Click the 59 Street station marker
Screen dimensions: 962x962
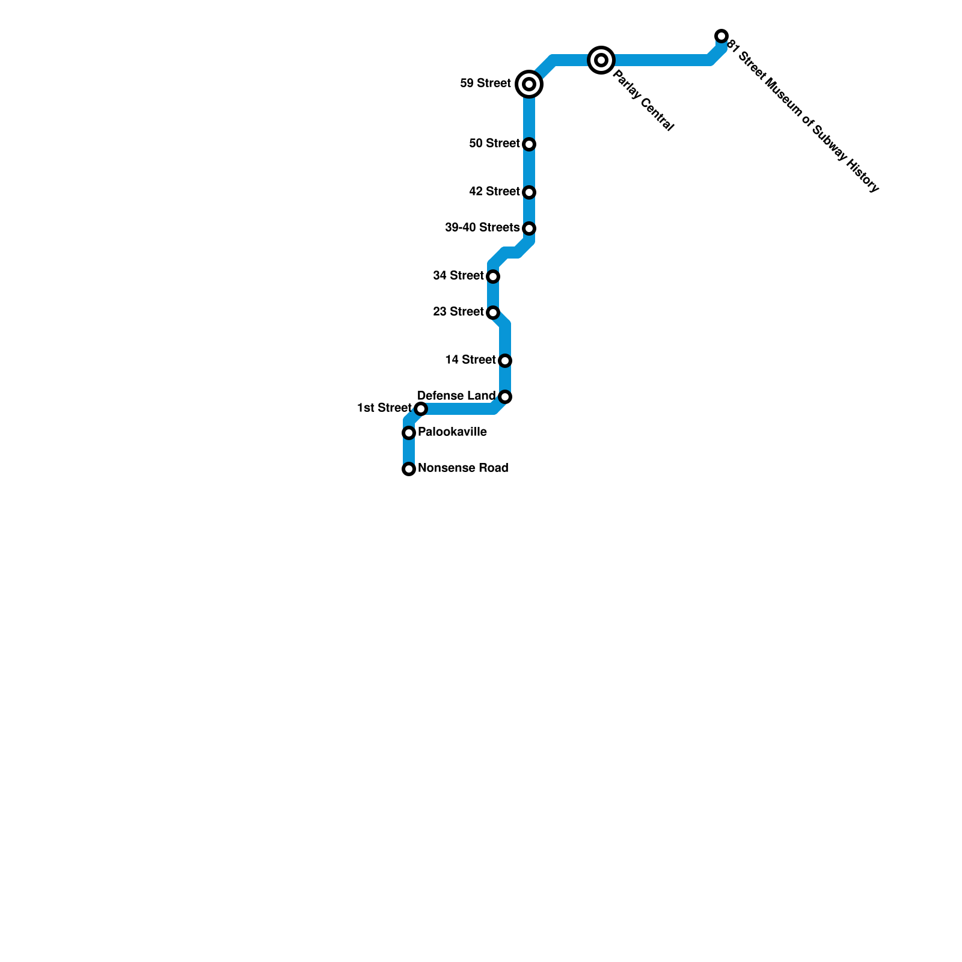[529, 84]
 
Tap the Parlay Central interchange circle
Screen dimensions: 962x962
[601, 60]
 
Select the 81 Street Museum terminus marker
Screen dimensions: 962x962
[721, 36]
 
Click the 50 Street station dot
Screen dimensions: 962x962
[529, 144]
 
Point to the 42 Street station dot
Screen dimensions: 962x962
[529, 192]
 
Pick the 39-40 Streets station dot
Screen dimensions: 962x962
[529, 228]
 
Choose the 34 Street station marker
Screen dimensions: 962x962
[493, 277]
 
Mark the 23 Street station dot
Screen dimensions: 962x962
[493, 313]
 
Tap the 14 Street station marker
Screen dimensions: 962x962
[505, 361]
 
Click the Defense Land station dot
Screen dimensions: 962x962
[505, 397]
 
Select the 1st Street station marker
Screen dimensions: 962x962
[421, 409]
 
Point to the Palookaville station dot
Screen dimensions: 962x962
[409, 433]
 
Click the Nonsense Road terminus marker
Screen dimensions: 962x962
[409, 469]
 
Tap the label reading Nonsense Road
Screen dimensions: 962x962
[463, 468]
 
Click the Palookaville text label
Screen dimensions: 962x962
[452, 432]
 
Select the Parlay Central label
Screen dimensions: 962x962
[643, 100]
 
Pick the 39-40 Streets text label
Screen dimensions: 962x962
[482, 227]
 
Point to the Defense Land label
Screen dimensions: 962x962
[456, 396]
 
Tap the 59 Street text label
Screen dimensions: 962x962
[485, 83]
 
